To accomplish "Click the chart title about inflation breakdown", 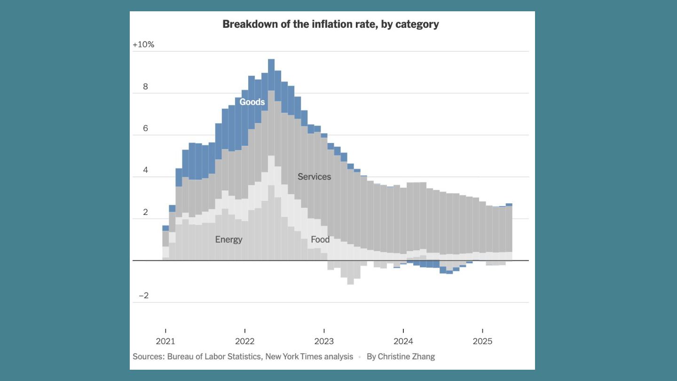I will coord(331,24).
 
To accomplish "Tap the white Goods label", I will coord(252,102).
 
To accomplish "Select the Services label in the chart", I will coord(314,177).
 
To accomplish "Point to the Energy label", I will coord(228,239).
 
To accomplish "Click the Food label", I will coord(320,239).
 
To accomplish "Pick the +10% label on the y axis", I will coord(143,45).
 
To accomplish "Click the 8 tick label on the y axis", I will coord(145,87).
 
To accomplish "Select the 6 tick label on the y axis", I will coord(145,128).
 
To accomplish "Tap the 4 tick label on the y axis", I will coord(145,170).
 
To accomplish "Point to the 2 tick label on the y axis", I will coord(145,212).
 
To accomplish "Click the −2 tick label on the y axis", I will coord(143,295).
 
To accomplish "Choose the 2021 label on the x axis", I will coord(165,341).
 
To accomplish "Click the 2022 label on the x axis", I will coord(244,341).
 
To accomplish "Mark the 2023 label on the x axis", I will coord(324,341).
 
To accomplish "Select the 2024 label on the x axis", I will coord(403,341).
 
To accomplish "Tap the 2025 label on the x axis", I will coord(482,341).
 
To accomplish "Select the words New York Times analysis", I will coord(309,357).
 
